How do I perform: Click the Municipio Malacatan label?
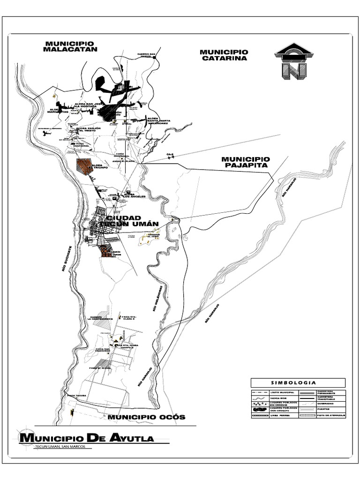pyautogui.click(x=70, y=45)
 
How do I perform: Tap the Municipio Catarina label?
pyautogui.click(x=224, y=55)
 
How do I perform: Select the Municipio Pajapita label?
pyautogui.click(x=246, y=162)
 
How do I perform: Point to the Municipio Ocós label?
pyautogui.click(x=146, y=417)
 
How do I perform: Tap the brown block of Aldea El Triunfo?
pyautogui.click(x=84, y=166)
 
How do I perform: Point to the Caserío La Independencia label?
pyautogui.click(x=101, y=318)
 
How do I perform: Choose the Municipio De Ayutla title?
pyautogui.click(x=87, y=438)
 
